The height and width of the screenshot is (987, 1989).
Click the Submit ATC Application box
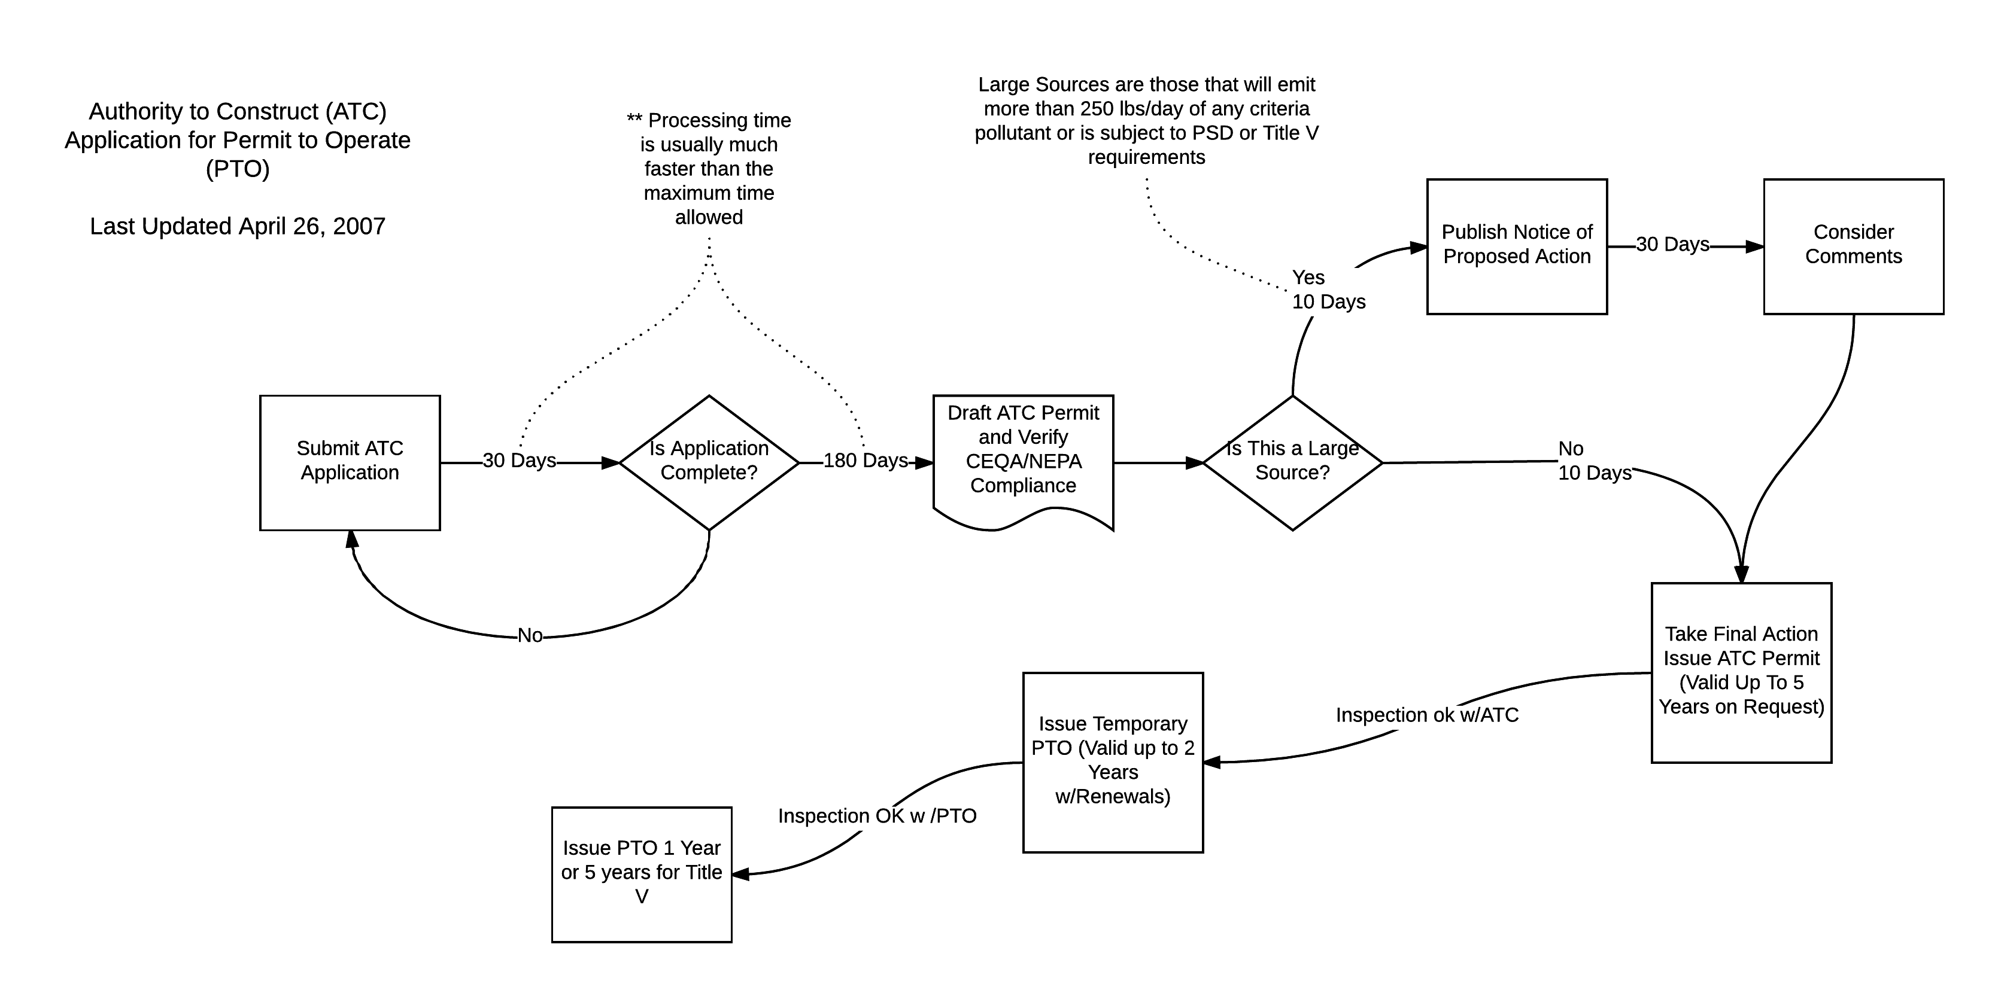pyautogui.click(x=350, y=462)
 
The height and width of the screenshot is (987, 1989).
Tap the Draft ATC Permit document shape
pyautogui.click(x=1023, y=455)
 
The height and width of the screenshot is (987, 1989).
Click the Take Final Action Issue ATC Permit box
pyautogui.click(x=1741, y=671)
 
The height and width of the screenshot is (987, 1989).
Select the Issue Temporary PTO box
pyautogui.click(x=1113, y=761)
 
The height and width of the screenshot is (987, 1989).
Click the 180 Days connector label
pyautogui.click(x=866, y=461)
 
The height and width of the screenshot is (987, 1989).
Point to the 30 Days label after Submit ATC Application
pyautogui.click(x=519, y=461)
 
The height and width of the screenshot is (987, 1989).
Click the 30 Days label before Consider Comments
pyautogui.click(x=1672, y=245)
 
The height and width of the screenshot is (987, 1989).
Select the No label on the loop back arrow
pyautogui.click(x=530, y=636)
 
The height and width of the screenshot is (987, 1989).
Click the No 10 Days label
pyautogui.click(x=1594, y=461)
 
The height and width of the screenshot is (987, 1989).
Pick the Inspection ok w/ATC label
pyautogui.click(x=1427, y=715)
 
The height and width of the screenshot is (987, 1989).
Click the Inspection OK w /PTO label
pyautogui.click(x=877, y=817)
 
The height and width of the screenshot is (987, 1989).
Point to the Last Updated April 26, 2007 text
pyautogui.click(x=237, y=226)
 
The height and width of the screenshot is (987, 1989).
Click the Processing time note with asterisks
pyautogui.click(x=709, y=168)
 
